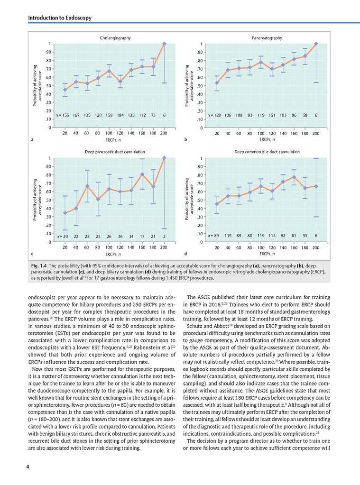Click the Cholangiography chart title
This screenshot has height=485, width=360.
click(x=115, y=38)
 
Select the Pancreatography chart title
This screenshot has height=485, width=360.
click(x=267, y=38)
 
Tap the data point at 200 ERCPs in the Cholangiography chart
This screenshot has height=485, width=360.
click(x=165, y=44)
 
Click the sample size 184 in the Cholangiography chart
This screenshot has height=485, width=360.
click(x=120, y=115)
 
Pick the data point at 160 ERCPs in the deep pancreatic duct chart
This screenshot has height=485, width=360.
click(x=142, y=174)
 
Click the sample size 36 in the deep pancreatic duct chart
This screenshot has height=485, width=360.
click(x=120, y=236)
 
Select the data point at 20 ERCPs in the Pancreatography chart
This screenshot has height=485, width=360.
click(x=217, y=83)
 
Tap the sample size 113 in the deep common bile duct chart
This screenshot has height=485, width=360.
click(x=272, y=235)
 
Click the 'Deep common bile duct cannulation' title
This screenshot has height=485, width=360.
click(x=267, y=152)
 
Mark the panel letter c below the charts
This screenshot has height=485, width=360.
click(x=32, y=254)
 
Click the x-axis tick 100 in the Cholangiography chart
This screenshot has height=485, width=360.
click(x=109, y=133)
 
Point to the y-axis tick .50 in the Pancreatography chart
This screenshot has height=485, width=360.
click(x=200, y=86)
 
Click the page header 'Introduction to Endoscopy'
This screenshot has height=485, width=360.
click(x=60, y=18)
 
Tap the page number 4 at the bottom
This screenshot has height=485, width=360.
click(x=28, y=467)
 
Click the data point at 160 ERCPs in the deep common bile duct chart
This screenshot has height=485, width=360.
click(x=294, y=177)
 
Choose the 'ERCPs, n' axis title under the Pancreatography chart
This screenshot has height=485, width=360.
click(x=267, y=139)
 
